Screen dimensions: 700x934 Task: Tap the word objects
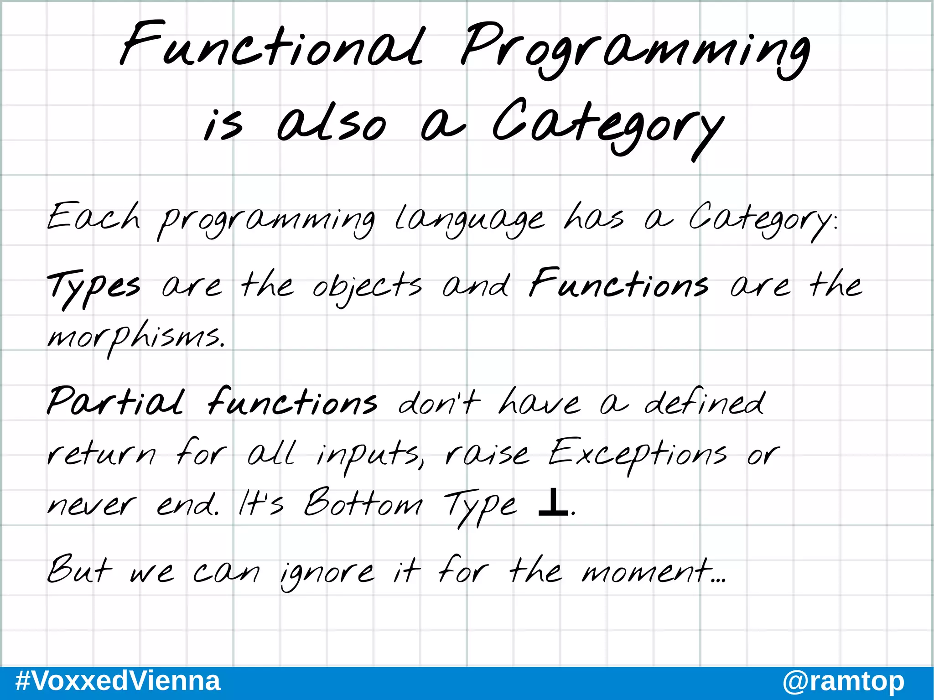[x=367, y=287]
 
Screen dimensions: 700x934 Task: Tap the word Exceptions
[x=637, y=454]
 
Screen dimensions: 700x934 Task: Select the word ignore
[x=327, y=573]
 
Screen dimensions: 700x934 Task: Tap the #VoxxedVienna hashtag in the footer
[x=118, y=682]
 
